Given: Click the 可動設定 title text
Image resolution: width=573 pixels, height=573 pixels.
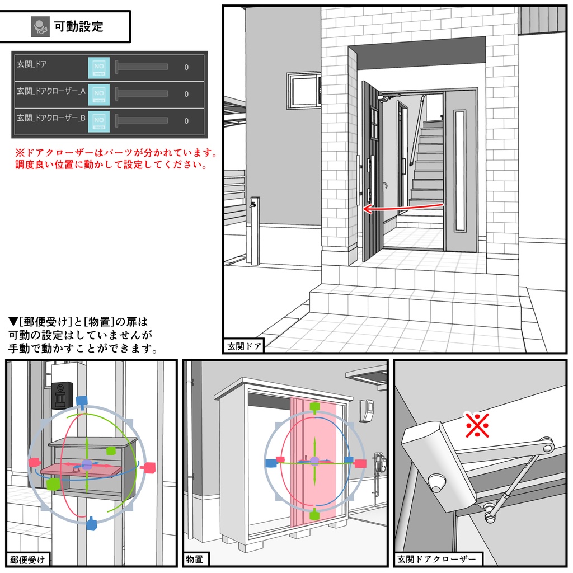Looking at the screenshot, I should pos(78,26).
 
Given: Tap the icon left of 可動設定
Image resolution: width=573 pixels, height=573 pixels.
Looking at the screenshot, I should pos(40,26).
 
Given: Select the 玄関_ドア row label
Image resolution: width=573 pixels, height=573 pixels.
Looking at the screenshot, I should pos(32,64).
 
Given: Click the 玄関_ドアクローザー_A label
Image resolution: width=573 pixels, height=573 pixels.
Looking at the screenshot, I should pos(51,91).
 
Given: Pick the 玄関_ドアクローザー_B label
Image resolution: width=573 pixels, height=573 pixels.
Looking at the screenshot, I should pos(51,118).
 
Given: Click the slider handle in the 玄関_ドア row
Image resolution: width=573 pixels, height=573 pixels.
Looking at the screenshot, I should pos(117,67).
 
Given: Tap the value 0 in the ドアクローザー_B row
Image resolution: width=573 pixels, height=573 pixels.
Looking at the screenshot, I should pos(186,121).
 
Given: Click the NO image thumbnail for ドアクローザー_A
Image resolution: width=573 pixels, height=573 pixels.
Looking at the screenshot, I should pos(99,93).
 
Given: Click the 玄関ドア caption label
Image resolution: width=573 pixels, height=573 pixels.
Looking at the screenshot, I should pos(244,346).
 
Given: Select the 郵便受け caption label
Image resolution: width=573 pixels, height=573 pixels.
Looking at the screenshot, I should pos(27,560).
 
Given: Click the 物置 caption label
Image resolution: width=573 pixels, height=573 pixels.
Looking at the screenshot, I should pos(195,560).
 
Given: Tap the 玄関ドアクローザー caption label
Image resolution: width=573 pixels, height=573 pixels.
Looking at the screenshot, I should pos(438,560).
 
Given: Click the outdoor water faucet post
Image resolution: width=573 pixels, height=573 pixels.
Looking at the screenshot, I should pos(255,229).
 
